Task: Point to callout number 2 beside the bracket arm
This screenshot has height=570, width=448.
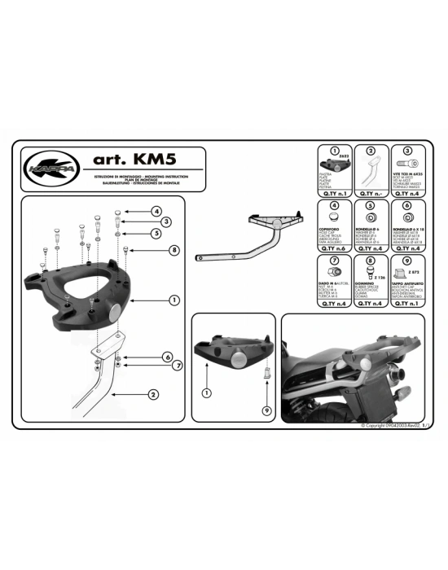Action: [153, 395]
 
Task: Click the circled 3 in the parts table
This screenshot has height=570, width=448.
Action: [409, 150]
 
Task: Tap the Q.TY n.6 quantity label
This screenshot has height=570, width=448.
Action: [334, 250]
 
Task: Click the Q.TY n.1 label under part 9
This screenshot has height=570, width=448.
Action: [409, 302]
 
